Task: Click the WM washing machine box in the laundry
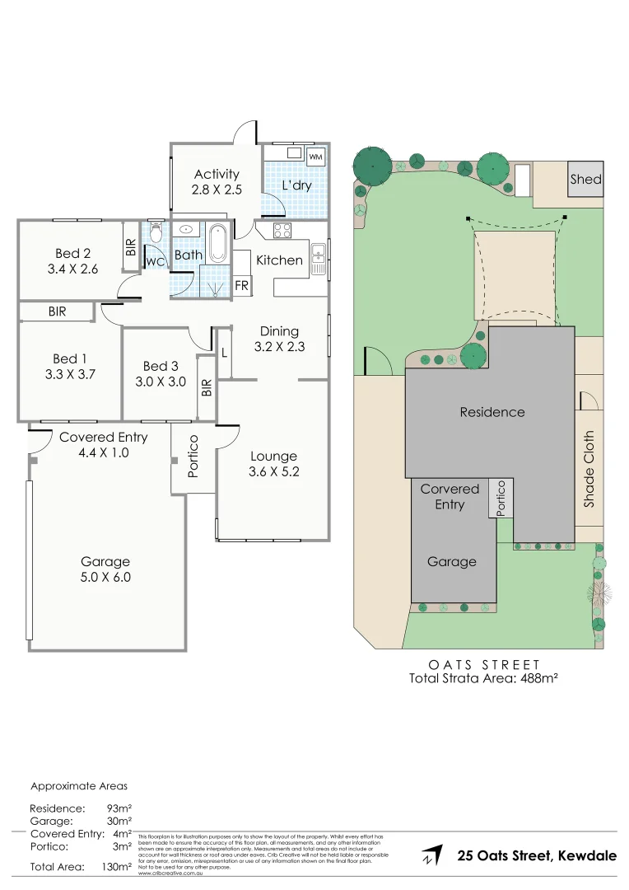coord(315,156)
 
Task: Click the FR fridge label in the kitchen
coord(242,285)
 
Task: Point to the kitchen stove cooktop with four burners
coord(282,231)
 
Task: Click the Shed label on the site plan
coord(585,179)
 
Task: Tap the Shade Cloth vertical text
coord(589,468)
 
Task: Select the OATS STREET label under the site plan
coord(484,664)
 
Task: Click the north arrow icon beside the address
coord(429,856)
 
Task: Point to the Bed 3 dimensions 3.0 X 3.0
coord(161,382)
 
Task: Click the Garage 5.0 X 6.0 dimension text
coord(105,577)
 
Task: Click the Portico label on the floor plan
coord(193,455)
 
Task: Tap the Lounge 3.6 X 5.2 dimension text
coord(273,471)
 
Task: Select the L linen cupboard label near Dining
coord(224,352)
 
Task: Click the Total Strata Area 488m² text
coord(484,679)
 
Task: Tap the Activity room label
coord(217,174)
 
